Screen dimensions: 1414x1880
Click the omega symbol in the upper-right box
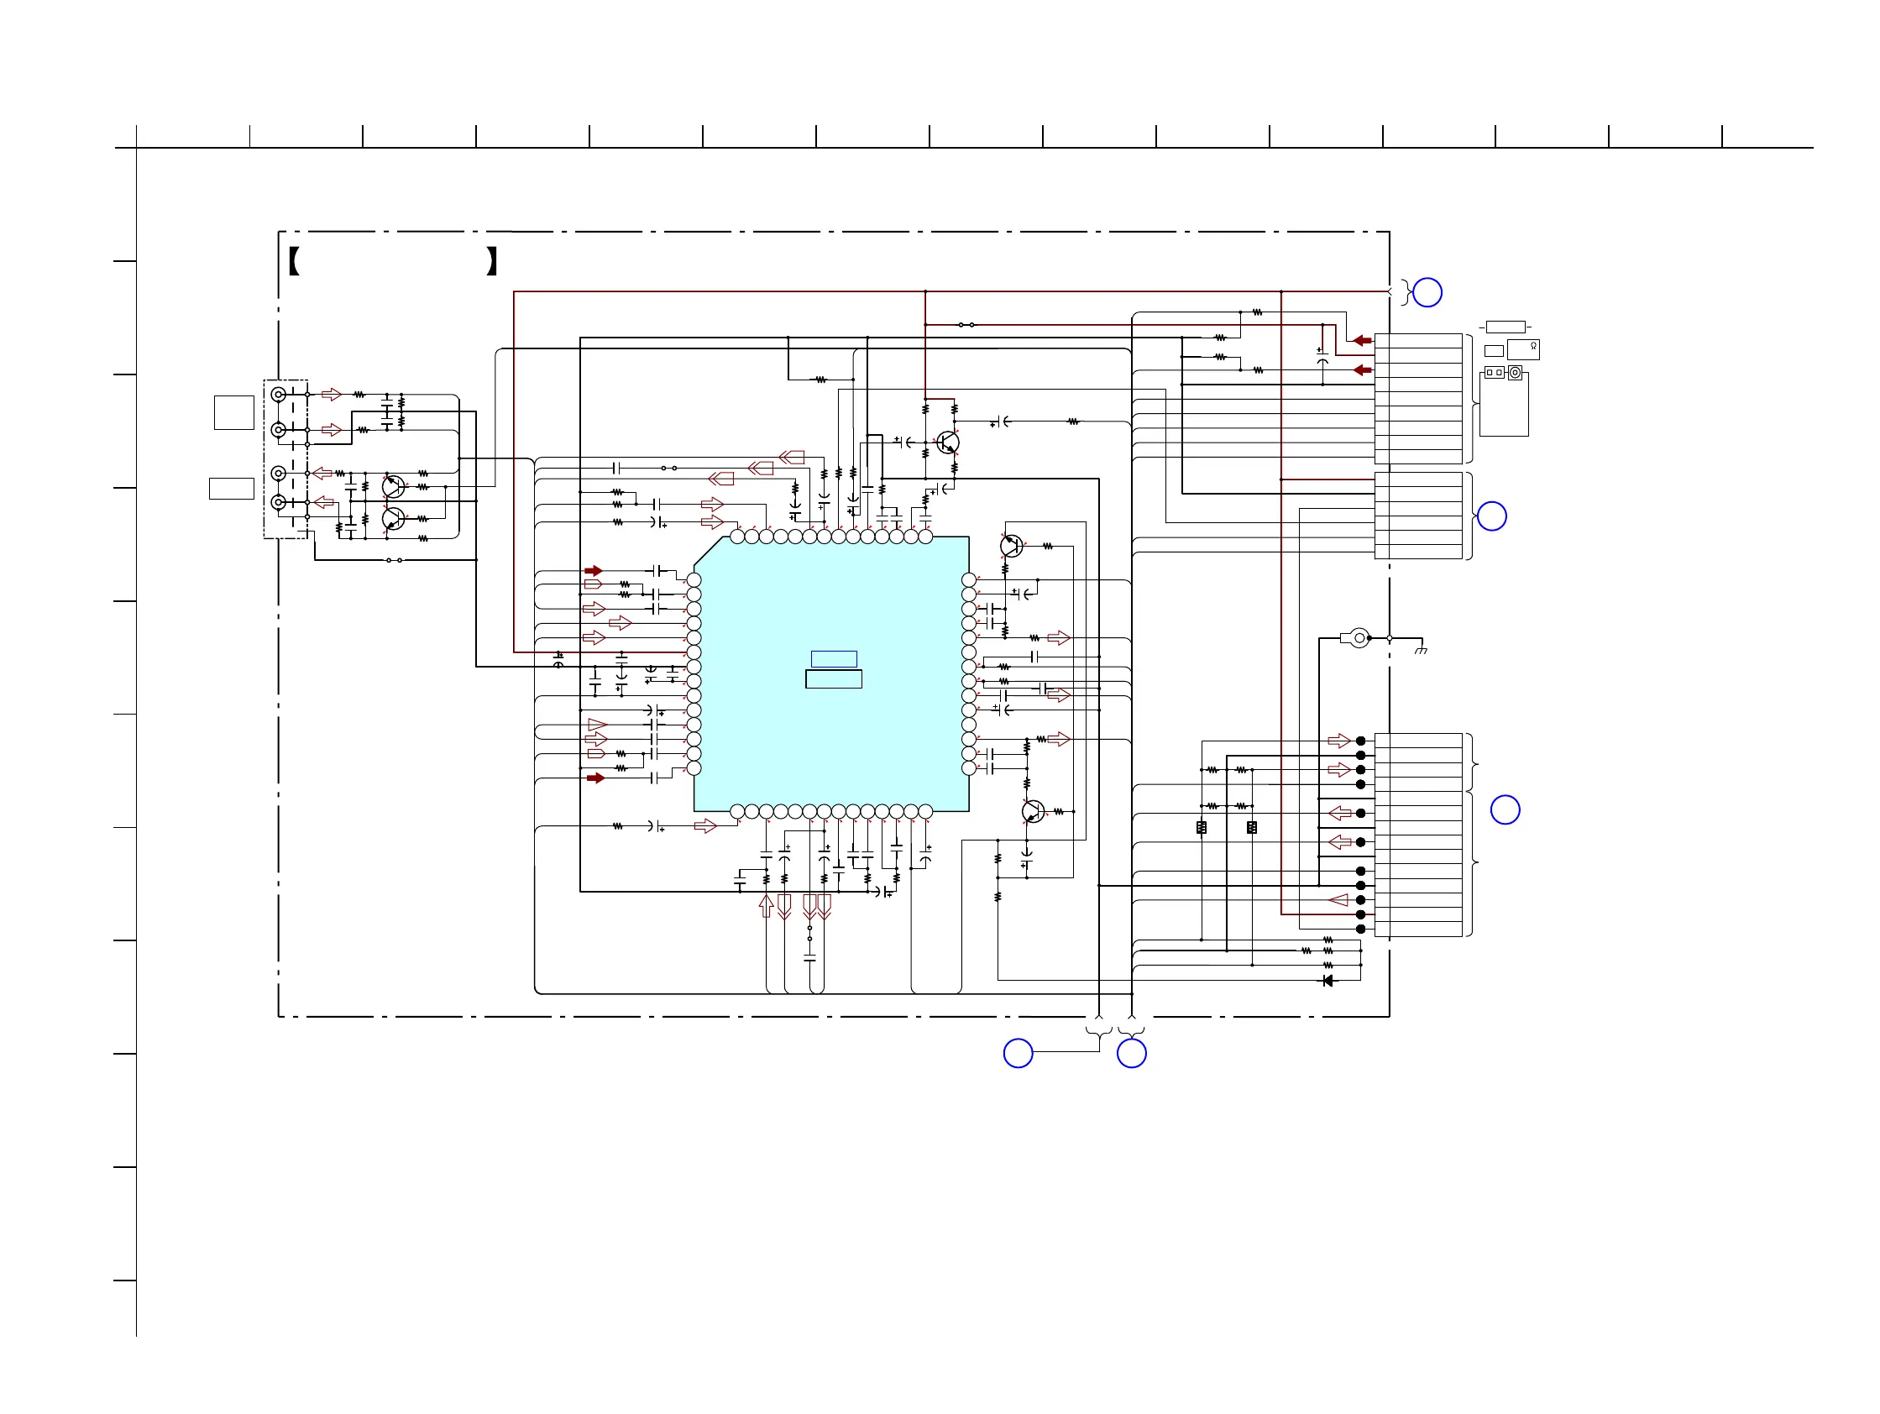[x=1533, y=346]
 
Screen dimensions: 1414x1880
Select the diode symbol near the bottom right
[x=1328, y=981]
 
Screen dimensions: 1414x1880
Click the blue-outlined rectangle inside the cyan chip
[x=834, y=658]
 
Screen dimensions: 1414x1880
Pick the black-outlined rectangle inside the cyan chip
[x=834, y=679]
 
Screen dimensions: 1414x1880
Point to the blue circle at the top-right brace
[x=1427, y=292]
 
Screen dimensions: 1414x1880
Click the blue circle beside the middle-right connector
[x=1491, y=516]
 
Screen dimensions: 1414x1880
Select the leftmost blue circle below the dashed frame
[x=1019, y=1053]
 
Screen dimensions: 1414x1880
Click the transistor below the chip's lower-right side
[x=1033, y=810]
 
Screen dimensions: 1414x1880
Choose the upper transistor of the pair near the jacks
[x=393, y=487]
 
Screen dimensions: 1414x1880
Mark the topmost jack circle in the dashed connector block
[x=278, y=395]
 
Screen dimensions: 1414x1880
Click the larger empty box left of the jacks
[x=233, y=412]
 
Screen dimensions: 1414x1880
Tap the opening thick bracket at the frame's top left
[x=293, y=261]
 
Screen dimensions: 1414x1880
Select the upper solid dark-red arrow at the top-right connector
[x=1363, y=341]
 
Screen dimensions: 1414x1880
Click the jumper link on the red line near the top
[x=966, y=325]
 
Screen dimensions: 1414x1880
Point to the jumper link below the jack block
[x=395, y=560]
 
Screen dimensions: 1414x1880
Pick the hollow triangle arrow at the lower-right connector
[x=1338, y=900]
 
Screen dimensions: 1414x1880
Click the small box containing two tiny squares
[x=1494, y=372]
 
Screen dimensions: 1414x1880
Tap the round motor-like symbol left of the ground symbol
[x=1359, y=637]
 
